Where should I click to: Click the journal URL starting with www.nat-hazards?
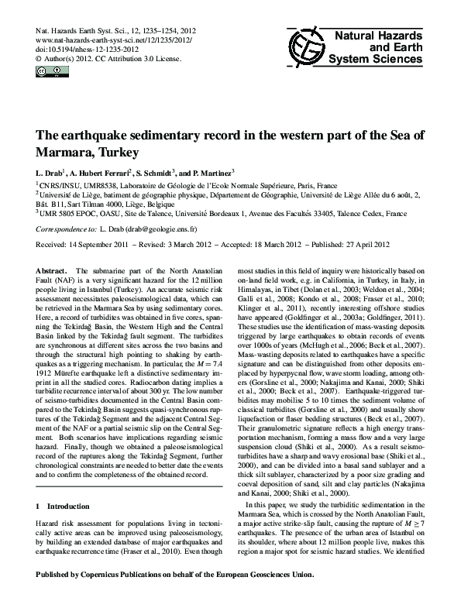click(113, 38)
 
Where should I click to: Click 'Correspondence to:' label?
click(65, 230)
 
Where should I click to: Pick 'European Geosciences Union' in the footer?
click(263, 596)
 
